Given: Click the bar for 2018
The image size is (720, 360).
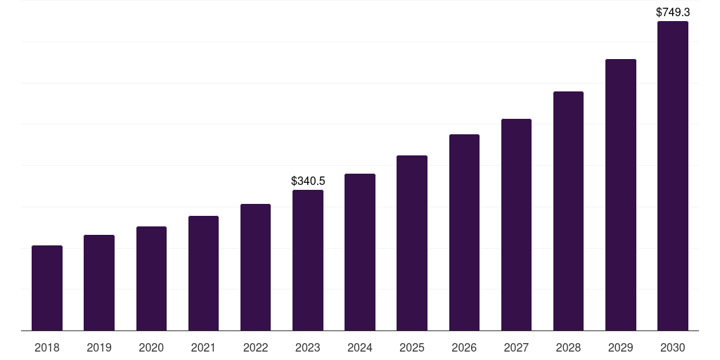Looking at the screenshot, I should pyautogui.click(x=47, y=288).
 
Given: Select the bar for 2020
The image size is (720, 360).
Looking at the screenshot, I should pyautogui.click(x=151, y=278).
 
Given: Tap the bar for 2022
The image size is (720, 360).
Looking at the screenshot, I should pyautogui.click(x=255, y=267).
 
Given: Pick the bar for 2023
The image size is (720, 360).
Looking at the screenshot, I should pyautogui.click(x=308, y=260).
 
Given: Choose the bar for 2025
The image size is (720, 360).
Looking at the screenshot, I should pyautogui.click(x=412, y=243).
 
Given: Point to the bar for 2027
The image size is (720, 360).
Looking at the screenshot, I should pyautogui.click(x=516, y=225).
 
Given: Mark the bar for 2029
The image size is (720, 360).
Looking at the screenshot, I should pyautogui.click(x=621, y=195).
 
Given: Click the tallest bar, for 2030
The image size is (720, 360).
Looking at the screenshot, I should pyautogui.click(x=673, y=176).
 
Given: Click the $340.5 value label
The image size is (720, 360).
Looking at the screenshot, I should pyautogui.click(x=308, y=181).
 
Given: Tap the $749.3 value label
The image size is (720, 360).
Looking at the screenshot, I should pyautogui.click(x=673, y=13).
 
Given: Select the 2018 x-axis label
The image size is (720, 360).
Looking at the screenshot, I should pyautogui.click(x=47, y=347).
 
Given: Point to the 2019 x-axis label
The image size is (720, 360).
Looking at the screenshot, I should pyautogui.click(x=99, y=347).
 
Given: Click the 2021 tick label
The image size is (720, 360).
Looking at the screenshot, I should pyautogui.click(x=203, y=347).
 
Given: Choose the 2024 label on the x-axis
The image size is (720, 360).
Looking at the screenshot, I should pyautogui.click(x=360, y=347).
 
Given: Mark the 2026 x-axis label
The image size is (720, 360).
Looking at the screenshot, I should pyautogui.click(x=464, y=347).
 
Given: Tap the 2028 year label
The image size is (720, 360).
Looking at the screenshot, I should pyautogui.click(x=568, y=347).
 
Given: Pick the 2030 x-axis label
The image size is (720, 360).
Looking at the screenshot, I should pyautogui.click(x=673, y=347).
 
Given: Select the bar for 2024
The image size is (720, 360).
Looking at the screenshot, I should pyautogui.click(x=360, y=252).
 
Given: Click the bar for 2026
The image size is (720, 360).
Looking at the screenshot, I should pyautogui.click(x=464, y=233).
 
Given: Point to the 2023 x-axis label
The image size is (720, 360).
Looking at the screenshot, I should pyautogui.click(x=308, y=347).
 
